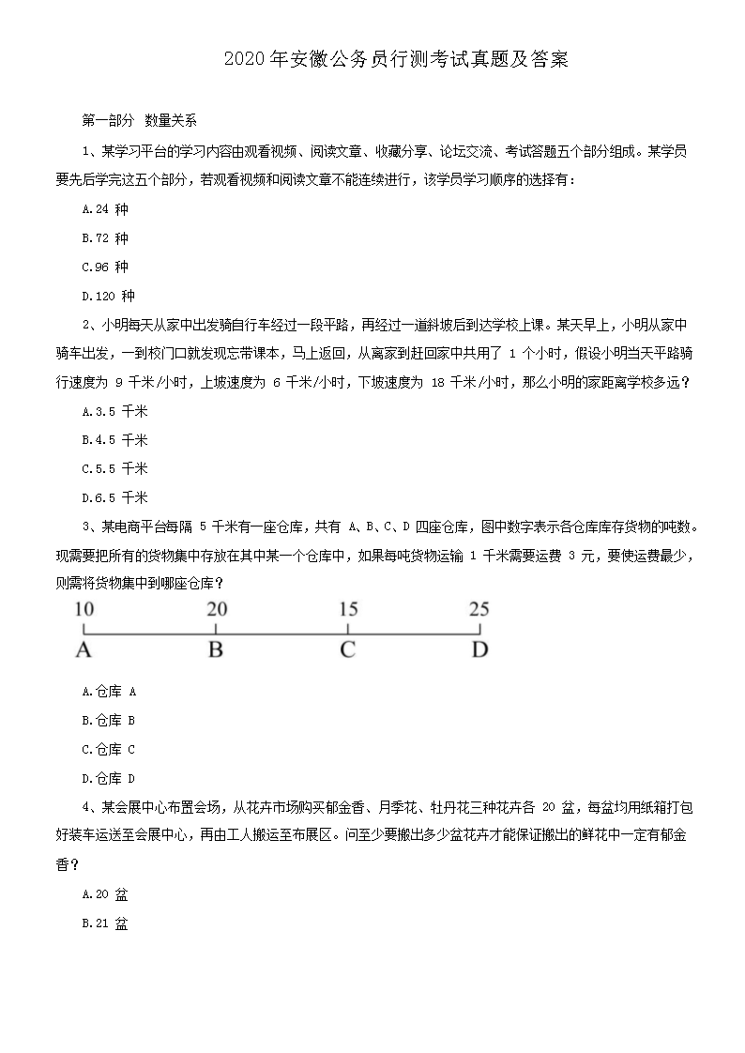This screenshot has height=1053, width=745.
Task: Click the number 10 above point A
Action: pyautogui.click(x=84, y=608)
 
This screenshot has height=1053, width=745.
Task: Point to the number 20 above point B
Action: pyautogui.click(x=217, y=608)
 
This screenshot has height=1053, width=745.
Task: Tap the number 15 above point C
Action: pyautogui.click(x=347, y=608)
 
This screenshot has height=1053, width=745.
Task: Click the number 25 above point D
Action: pyautogui.click(x=479, y=608)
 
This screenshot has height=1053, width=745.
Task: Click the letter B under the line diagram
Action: pyautogui.click(x=215, y=649)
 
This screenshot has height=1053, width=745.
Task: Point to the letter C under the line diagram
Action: pyautogui.click(x=347, y=649)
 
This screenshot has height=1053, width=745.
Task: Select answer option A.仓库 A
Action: pyautogui.click(x=110, y=692)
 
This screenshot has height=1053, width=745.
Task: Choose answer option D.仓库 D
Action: pyautogui.click(x=110, y=778)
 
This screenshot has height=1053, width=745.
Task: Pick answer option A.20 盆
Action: pyautogui.click(x=105, y=894)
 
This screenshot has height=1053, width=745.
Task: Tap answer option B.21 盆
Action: pyautogui.click(x=105, y=923)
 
